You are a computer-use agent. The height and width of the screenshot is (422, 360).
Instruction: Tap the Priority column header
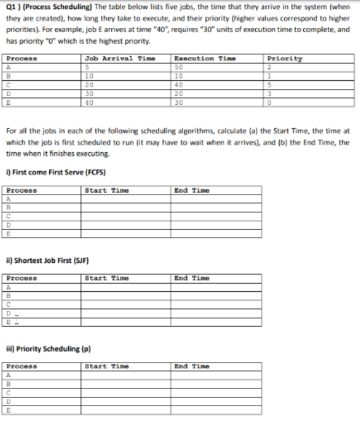[285, 58]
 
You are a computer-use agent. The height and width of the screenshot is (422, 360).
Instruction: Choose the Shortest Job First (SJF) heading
[50, 260]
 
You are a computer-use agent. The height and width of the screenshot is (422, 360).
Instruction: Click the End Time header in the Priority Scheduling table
[191, 366]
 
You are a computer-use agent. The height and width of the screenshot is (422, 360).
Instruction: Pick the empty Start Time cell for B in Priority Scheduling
[126, 383]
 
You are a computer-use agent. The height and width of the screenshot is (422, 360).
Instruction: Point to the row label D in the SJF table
[9, 311]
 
